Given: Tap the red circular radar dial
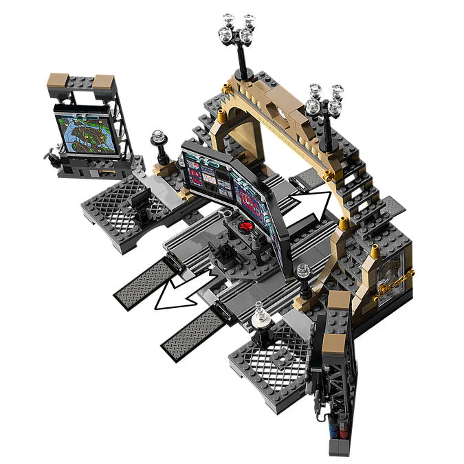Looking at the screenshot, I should coord(245,225).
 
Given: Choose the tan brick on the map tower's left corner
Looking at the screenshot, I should coord(59,81).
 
